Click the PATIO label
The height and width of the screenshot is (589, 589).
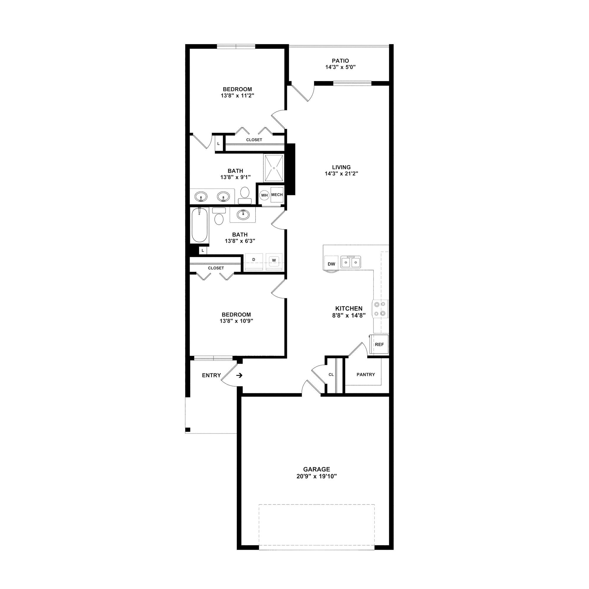(x=340, y=61)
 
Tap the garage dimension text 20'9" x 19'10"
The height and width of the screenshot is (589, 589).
(x=317, y=476)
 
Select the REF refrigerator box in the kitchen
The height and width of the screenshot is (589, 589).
(x=379, y=344)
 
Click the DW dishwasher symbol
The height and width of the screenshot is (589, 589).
(x=331, y=264)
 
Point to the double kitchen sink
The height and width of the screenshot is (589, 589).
(x=350, y=262)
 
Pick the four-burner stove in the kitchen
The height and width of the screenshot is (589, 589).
(x=380, y=309)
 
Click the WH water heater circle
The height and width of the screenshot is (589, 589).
(x=264, y=195)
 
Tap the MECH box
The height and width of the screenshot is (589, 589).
(x=277, y=194)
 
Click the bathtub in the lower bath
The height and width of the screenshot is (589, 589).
(x=200, y=225)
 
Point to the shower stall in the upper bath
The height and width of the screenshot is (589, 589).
(x=274, y=168)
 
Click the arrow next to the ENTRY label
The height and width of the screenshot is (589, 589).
(x=239, y=375)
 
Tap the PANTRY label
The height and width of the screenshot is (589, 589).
(x=365, y=374)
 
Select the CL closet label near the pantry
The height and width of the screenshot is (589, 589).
(x=331, y=374)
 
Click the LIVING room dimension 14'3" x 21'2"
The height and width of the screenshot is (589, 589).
(x=341, y=173)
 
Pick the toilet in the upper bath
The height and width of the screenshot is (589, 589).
(x=244, y=195)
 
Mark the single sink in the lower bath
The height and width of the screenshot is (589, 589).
(x=243, y=214)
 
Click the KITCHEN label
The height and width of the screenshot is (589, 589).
(x=349, y=309)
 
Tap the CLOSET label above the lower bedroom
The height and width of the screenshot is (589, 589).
(x=216, y=268)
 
